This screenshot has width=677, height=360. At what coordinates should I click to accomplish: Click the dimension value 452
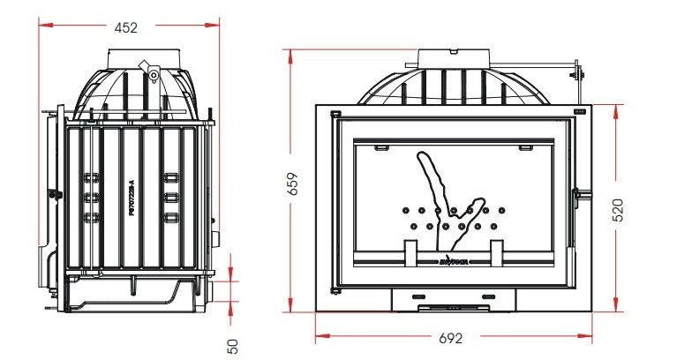click(126, 27)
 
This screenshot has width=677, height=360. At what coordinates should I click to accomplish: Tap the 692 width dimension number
click(451, 338)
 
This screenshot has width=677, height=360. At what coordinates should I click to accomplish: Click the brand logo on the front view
click(454, 261)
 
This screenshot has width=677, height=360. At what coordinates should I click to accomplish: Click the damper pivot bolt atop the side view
click(154, 76)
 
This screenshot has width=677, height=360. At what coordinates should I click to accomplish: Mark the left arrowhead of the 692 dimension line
click(320, 335)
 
